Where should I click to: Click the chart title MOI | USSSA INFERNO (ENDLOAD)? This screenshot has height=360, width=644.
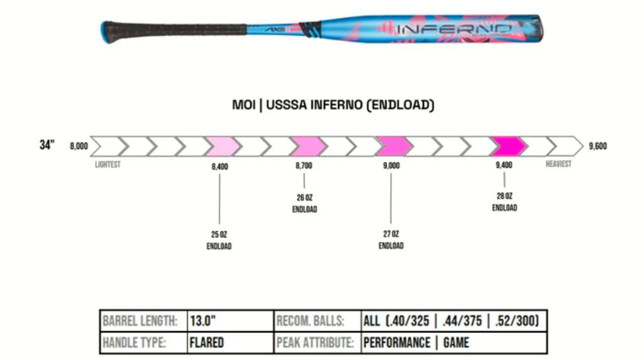click(x=333, y=105)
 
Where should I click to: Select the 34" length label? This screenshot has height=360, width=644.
click(x=47, y=145)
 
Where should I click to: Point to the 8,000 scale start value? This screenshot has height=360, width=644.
click(x=79, y=146)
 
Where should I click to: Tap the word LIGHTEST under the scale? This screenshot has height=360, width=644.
click(x=108, y=165)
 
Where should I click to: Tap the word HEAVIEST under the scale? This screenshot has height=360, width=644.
click(x=558, y=164)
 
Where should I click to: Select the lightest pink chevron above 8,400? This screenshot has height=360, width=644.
click(x=221, y=146)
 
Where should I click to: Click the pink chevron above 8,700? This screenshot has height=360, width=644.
click(x=307, y=146)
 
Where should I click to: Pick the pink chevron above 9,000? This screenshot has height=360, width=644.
click(x=392, y=146)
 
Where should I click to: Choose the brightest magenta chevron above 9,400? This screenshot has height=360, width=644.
click(x=508, y=146)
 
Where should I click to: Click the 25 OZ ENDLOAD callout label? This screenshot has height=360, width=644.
click(x=219, y=240)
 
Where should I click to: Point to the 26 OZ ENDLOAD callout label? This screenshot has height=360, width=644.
click(x=304, y=203)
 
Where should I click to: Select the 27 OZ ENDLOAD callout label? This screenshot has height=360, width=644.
click(x=391, y=240)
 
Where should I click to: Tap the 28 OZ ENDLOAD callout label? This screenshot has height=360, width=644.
click(x=504, y=202)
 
